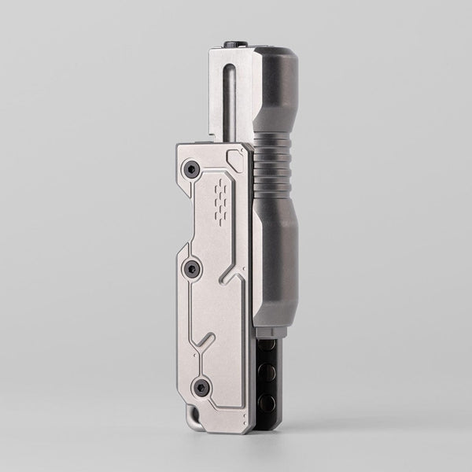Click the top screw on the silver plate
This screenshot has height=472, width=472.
click(190, 168)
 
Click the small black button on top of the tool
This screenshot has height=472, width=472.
click(234, 45)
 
